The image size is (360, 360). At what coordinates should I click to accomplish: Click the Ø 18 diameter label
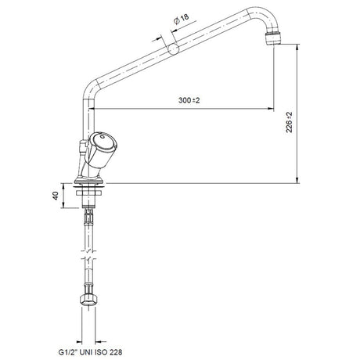tap(181, 19)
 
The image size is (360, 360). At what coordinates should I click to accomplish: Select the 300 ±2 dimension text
tap(189, 100)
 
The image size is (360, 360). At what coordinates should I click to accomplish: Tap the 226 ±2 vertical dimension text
tap(290, 122)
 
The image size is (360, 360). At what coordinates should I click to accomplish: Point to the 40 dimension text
tap(56, 196)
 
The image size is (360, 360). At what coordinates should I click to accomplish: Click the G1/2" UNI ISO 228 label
tap(90, 352)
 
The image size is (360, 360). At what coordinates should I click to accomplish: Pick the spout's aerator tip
tap(274, 38)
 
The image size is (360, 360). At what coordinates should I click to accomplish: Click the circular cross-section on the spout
tap(173, 49)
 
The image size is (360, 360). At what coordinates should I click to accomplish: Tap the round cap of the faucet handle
tap(102, 142)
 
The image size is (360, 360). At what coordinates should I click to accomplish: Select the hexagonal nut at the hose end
tap(88, 301)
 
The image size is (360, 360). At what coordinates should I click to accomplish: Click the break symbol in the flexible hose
tap(88, 255)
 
